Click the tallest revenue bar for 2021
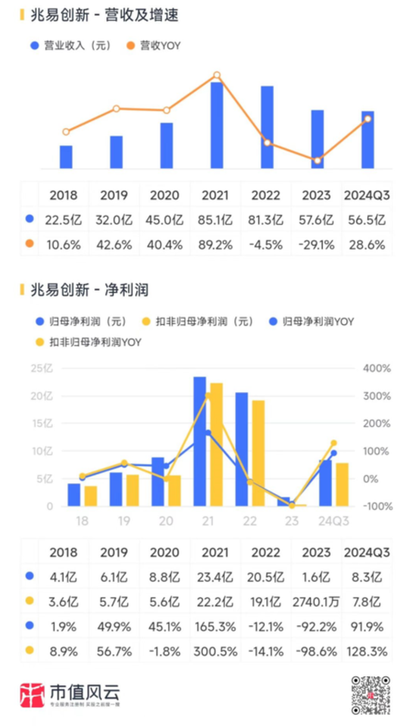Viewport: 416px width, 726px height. [216, 125]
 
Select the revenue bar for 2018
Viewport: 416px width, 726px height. [66, 157]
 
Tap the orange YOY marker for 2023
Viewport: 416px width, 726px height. [318, 160]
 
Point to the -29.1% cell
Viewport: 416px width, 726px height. [317, 245]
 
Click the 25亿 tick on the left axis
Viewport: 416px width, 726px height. [42, 369]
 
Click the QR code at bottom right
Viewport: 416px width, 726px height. [371, 692]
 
